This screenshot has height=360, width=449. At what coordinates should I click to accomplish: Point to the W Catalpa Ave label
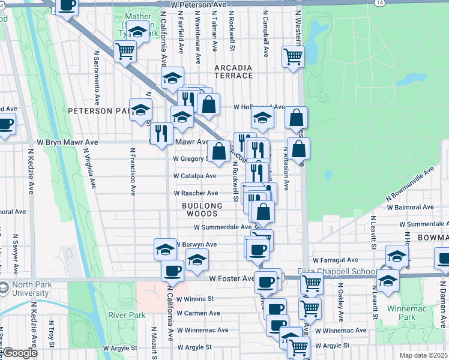(x=195, y=176)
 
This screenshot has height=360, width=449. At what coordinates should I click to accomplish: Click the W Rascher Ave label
(x=196, y=193)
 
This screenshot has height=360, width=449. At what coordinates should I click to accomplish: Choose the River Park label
(x=127, y=315)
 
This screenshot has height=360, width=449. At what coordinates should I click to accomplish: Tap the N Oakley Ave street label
(x=340, y=304)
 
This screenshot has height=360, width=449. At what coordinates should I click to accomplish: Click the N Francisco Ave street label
(x=131, y=172)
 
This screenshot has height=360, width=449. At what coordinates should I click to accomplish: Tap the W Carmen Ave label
(x=198, y=313)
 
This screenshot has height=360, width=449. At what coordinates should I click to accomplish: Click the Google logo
(x=19, y=353)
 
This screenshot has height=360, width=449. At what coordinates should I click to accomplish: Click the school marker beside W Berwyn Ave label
(x=166, y=249)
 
